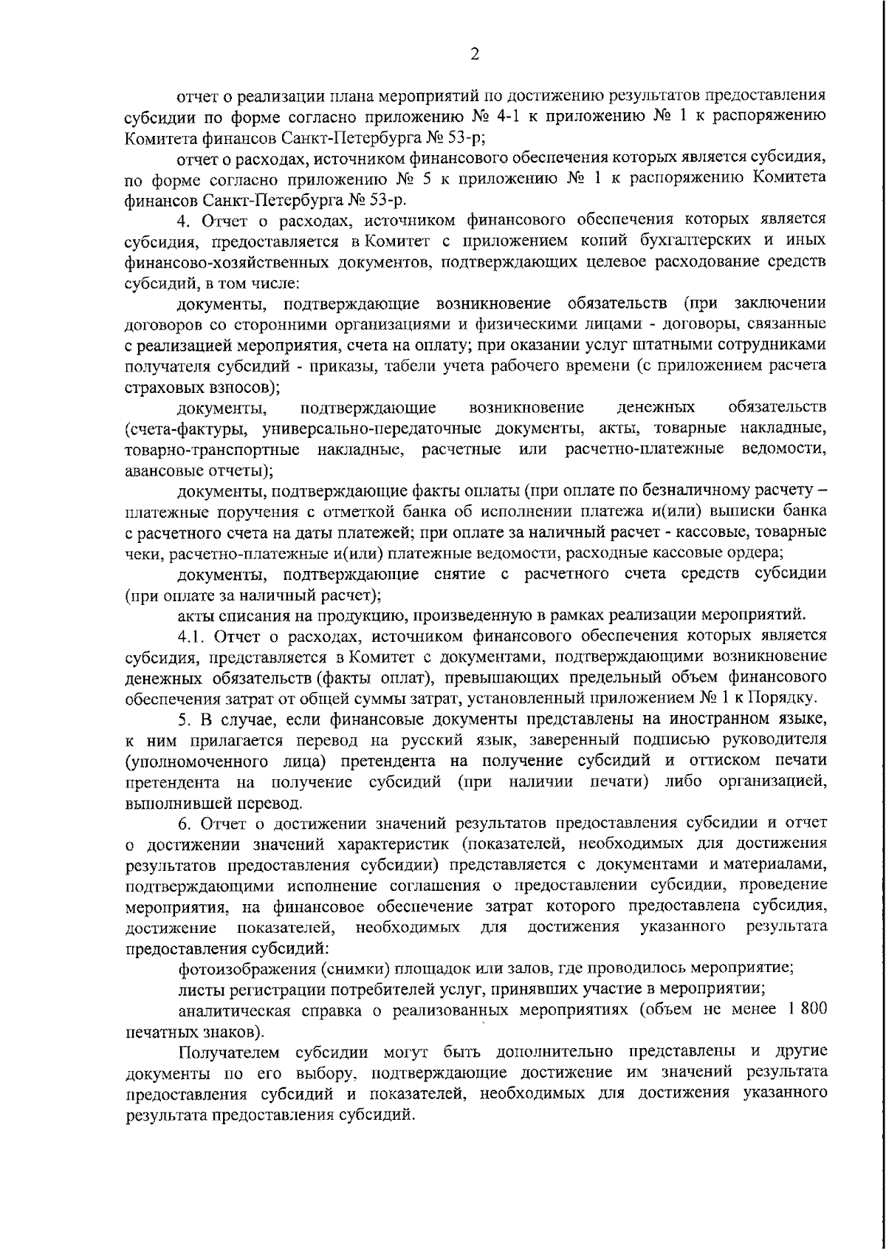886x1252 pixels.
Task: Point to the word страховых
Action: (x=159, y=387)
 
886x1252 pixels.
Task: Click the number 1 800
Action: (x=804, y=1010)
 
